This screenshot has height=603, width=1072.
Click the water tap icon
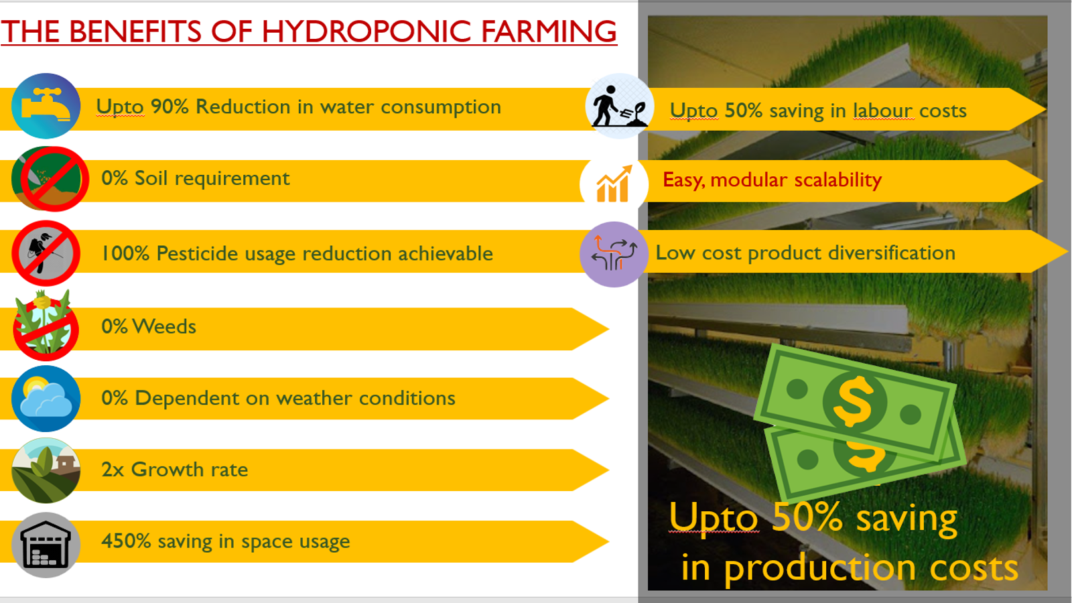46,106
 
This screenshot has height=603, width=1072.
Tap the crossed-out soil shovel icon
50,178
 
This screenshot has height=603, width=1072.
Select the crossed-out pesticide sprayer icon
46,253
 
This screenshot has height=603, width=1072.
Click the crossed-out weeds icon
45,326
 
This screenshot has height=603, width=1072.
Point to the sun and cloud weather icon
46,398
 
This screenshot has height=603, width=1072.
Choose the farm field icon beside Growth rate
46,470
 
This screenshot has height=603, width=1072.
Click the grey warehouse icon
46,545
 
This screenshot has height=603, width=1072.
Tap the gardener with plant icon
619,107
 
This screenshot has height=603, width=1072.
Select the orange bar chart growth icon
614,184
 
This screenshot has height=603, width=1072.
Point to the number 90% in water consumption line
170,107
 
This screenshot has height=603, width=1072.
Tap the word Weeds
164,326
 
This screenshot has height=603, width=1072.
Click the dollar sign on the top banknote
854,401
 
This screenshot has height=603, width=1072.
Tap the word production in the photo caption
820,567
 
